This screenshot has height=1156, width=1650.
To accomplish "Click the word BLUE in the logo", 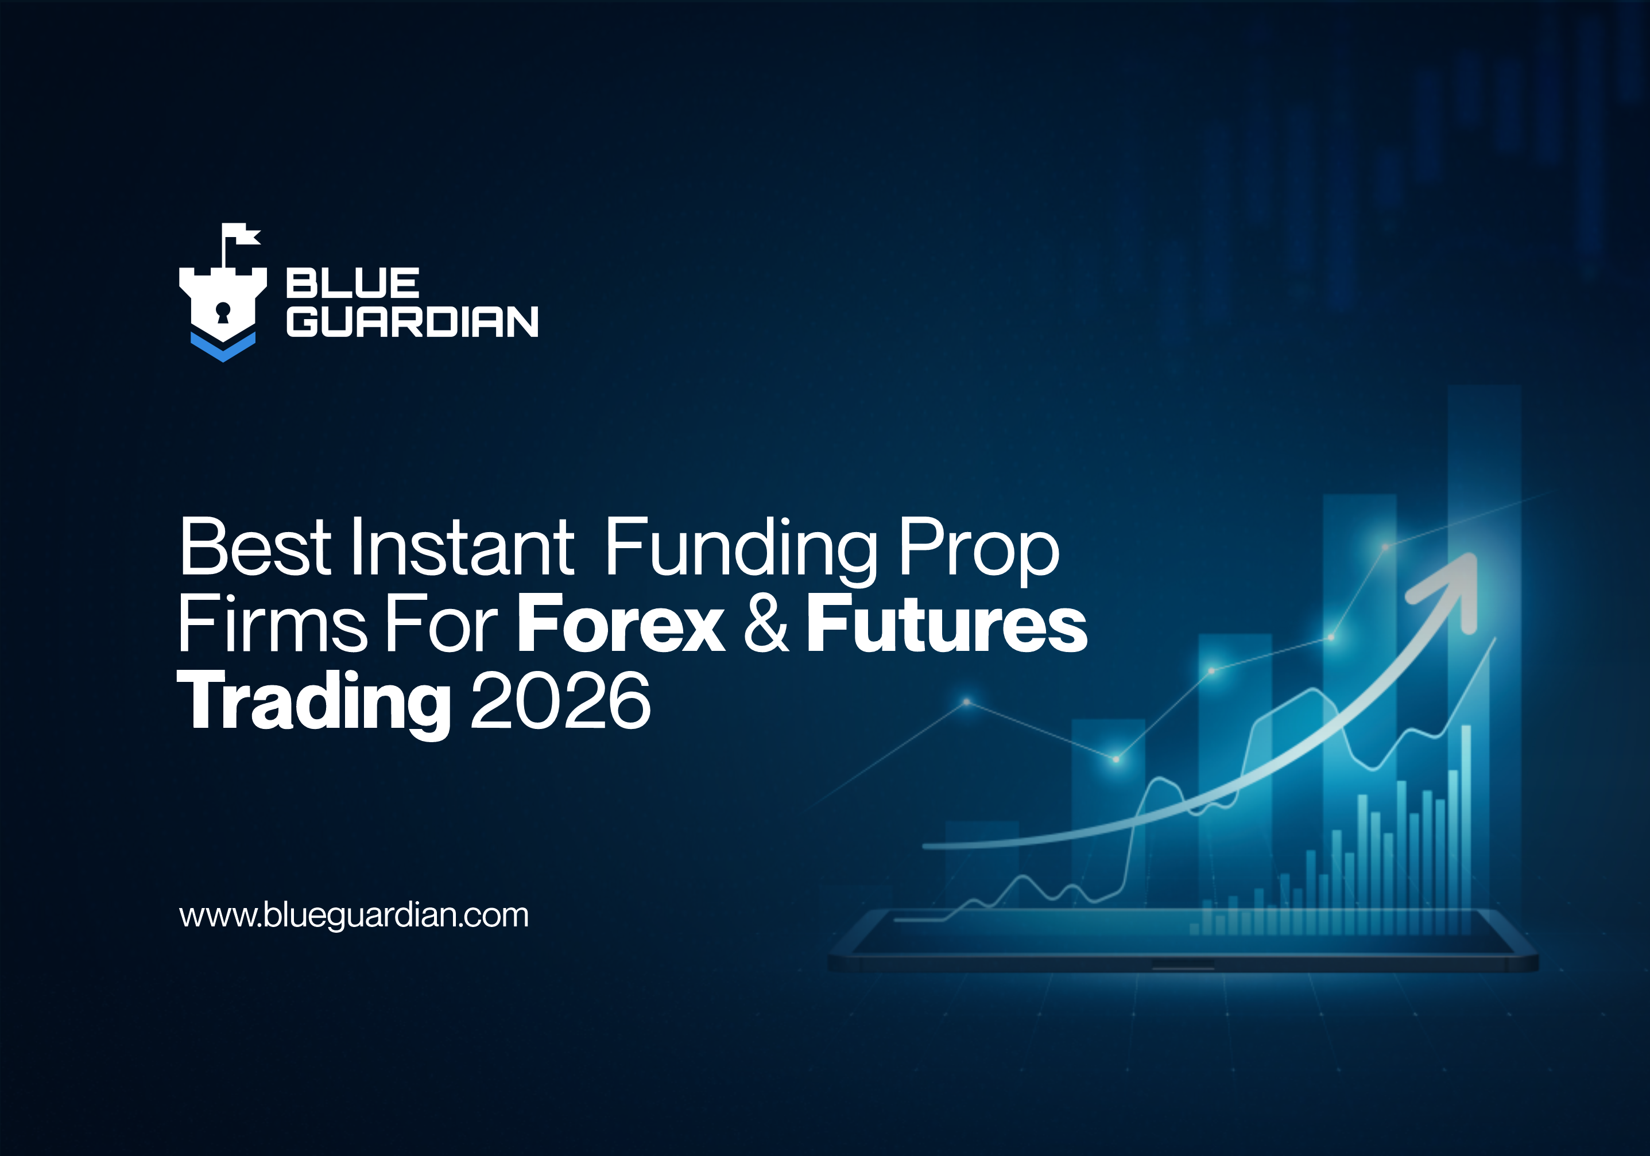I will click(352, 283).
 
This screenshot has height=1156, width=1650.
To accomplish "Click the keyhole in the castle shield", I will click(223, 312).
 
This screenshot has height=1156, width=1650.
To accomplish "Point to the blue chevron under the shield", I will click(223, 348).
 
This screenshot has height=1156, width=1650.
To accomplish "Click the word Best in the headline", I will click(255, 548).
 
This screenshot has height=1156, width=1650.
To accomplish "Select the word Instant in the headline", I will click(462, 548).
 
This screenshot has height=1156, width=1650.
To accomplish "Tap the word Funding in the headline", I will click(740, 549).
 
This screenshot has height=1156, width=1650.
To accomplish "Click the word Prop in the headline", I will click(979, 549).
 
